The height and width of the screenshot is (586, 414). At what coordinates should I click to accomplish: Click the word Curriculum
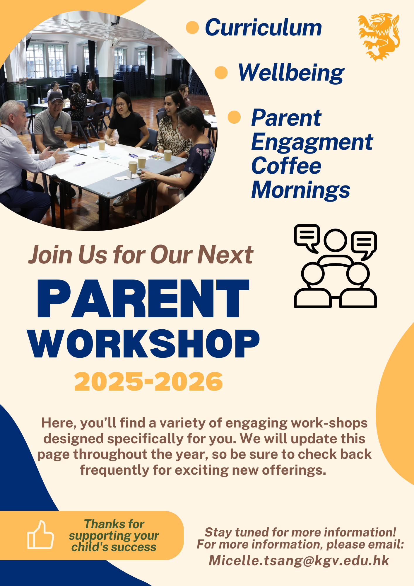(263, 28)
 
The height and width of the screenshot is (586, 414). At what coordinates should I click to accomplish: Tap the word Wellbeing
(291, 73)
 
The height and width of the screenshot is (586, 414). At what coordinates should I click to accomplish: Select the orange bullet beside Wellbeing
(221, 72)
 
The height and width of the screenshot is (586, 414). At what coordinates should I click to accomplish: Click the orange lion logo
(379, 37)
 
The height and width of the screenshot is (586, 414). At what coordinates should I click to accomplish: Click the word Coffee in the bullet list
(286, 166)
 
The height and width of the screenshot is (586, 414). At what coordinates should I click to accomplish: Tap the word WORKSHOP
(144, 344)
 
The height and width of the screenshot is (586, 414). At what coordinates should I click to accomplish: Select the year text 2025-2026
(148, 381)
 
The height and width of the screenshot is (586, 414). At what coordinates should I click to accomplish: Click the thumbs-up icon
(40, 535)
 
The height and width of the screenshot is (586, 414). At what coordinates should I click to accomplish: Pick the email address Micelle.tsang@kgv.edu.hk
(299, 561)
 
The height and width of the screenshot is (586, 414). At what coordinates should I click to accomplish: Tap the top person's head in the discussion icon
(336, 240)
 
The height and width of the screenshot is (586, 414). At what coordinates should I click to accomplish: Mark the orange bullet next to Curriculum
(192, 27)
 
